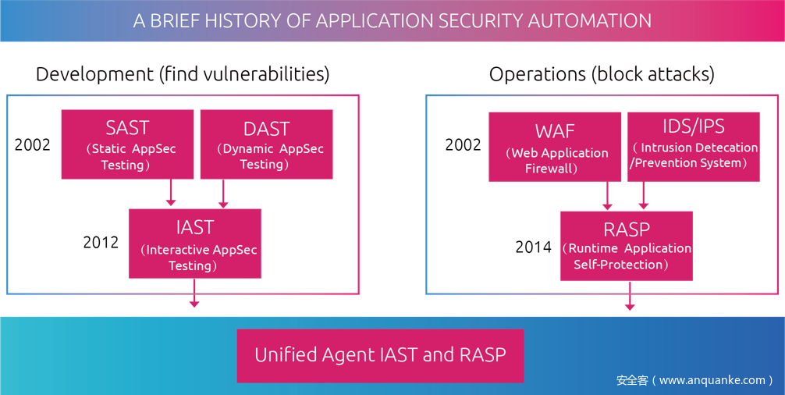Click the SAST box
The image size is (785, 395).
[127, 144]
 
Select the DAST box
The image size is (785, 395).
[266, 144]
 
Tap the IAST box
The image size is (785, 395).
[194, 243]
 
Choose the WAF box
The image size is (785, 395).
[555, 147]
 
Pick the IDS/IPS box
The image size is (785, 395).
[693, 147]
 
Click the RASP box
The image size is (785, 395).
[626, 245]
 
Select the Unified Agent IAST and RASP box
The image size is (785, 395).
[380, 355]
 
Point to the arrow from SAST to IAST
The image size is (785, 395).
[171, 193]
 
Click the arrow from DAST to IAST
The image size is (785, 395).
[223, 194]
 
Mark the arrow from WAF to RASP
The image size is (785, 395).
[607, 196]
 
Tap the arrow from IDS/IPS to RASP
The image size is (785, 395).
[644, 196]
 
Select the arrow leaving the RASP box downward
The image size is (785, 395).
[630, 296]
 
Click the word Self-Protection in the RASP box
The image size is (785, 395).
[621, 265]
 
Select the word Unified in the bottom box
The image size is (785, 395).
[286, 355]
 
